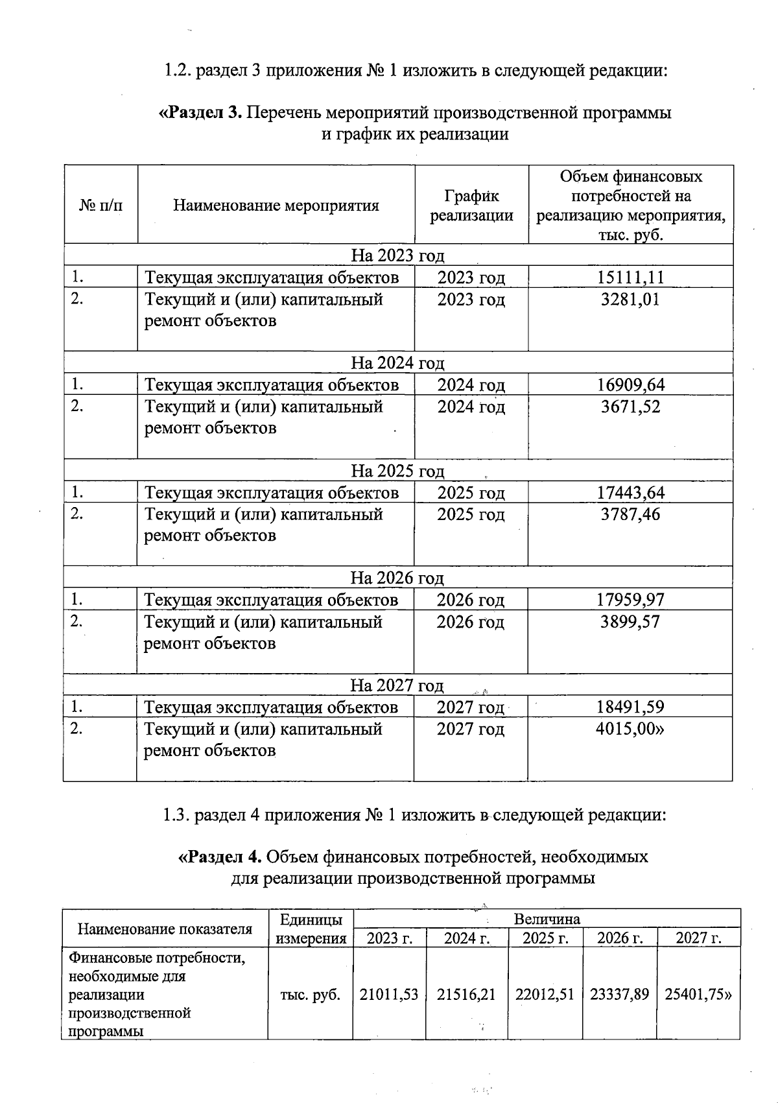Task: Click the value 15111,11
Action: coord(630,278)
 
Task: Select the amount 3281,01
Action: coord(630,300)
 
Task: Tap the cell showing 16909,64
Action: coord(630,385)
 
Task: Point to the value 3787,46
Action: coord(630,514)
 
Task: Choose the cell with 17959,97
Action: coord(630,600)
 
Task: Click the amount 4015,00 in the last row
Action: coord(630,729)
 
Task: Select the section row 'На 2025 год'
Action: coord(397,471)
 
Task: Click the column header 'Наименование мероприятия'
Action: coord(276,206)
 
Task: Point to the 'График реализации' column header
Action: coord(471,206)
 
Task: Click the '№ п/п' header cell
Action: coord(100,206)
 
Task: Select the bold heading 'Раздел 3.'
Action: coord(201,113)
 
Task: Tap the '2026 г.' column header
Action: coord(620,938)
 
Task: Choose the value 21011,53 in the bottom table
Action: coord(389,995)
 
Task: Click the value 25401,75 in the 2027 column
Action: coord(698,995)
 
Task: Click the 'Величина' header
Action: coord(547,919)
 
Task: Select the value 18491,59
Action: coord(630,707)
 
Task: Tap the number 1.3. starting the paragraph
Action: coord(176,815)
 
